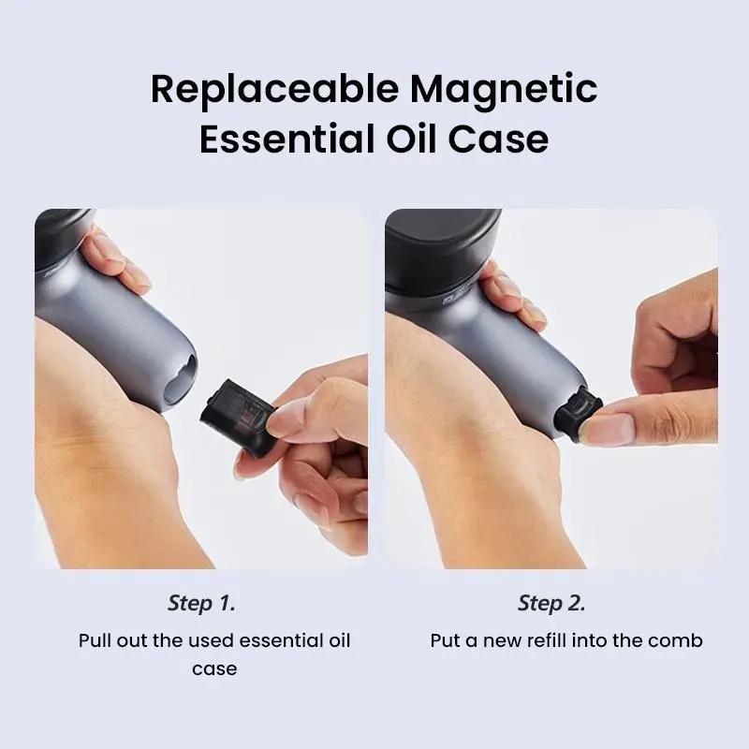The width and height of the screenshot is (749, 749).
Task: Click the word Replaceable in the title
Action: (x=274, y=90)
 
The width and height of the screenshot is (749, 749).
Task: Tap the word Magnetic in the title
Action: (x=504, y=90)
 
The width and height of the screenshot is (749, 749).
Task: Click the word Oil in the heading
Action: (x=411, y=139)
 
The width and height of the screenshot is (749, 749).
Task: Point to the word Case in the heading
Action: (x=498, y=139)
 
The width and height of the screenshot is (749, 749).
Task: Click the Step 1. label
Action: (x=201, y=603)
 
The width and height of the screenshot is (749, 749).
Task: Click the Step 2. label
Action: (x=551, y=603)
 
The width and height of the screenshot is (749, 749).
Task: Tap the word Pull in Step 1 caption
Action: (x=95, y=640)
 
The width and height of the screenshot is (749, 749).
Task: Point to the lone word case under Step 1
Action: (x=214, y=669)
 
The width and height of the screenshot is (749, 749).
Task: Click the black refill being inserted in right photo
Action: (x=577, y=413)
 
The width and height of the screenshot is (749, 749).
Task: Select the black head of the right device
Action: (x=442, y=252)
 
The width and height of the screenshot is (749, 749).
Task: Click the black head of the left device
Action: (x=64, y=238)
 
